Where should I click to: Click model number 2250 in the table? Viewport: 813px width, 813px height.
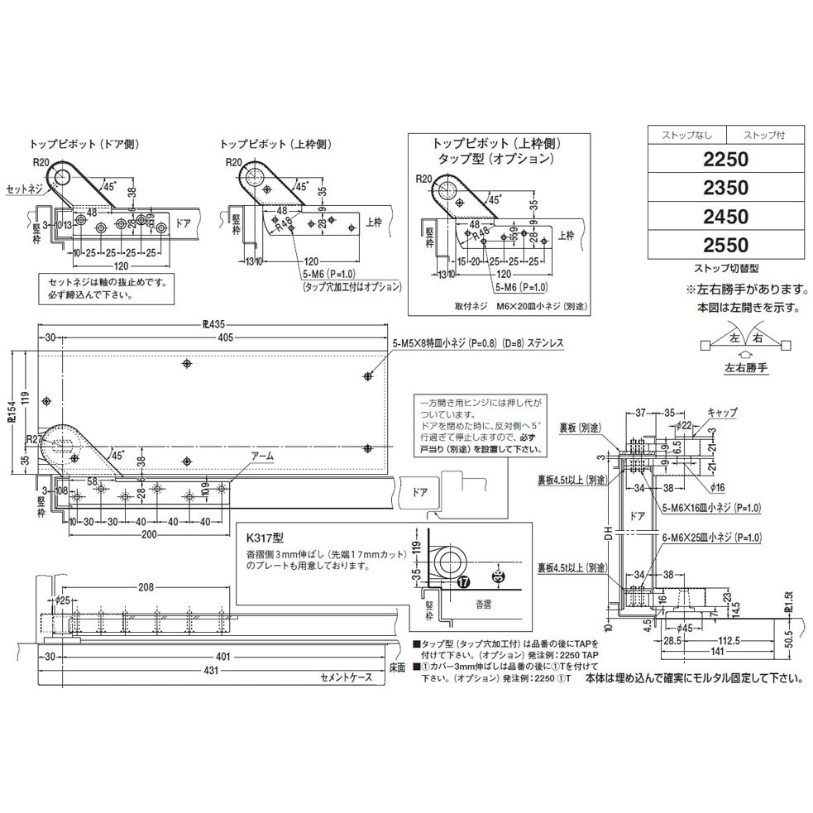[x=725, y=159]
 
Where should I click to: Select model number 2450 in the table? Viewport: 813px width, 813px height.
[x=725, y=217]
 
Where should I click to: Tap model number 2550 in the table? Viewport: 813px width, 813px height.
[x=725, y=246]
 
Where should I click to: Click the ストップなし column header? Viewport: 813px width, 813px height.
[x=685, y=134]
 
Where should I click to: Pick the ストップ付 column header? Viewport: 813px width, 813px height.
[x=766, y=134]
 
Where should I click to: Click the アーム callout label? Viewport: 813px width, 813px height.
[x=262, y=456]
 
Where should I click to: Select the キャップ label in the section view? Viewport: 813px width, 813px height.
[x=721, y=411]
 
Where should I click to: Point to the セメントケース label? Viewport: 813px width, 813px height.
[x=347, y=677]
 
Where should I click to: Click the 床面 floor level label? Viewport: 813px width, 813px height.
[x=397, y=667]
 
